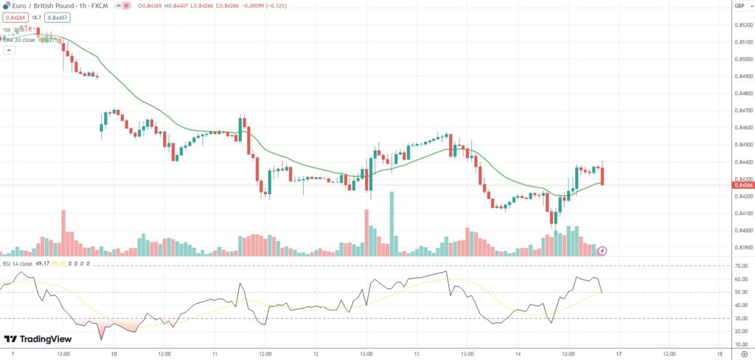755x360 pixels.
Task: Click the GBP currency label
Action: coord(740,6)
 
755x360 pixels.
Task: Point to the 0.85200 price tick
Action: coord(742,25)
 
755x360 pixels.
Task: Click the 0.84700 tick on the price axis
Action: coord(742,111)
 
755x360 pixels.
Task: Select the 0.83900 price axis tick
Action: coord(742,248)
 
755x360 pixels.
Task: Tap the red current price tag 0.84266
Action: coord(742,186)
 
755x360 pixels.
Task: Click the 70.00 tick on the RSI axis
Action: coord(741,266)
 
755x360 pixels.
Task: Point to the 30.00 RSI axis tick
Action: coord(741,319)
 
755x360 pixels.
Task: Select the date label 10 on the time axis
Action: coord(114,354)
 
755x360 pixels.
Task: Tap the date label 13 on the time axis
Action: coord(417,354)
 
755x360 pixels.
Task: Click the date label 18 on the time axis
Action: coord(719,354)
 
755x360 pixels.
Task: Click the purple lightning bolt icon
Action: coord(602,251)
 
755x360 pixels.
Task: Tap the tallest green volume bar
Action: coord(392,224)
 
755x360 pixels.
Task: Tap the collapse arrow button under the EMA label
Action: coord(9,51)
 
